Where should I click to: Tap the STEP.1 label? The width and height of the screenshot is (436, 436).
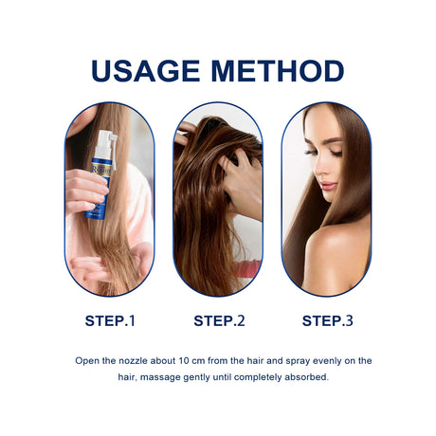(x=109, y=320)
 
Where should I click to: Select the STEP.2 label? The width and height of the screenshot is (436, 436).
(x=218, y=320)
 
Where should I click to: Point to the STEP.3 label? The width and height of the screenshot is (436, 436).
(x=327, y=320)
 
